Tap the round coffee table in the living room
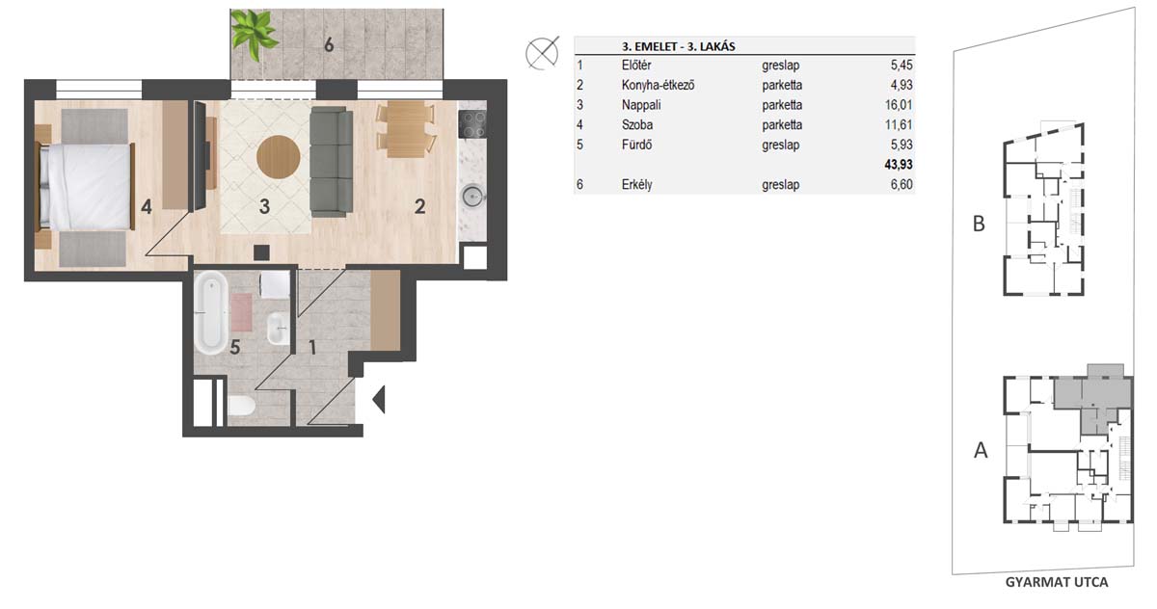coord(279,157)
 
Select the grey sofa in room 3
coord(331,162)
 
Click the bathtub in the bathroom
coord(211,313)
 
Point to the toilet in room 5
coord(241,406)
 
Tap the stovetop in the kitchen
coord(472,124)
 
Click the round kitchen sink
coord(472,197)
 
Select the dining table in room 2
coord(406,129)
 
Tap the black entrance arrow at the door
coord(379,399)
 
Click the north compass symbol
coord(542,53)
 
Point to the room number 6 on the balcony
coord(329,45)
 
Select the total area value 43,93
coord(899,165)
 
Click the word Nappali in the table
coord(641,105)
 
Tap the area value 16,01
coord(899,105)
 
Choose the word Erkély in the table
coord(637,184)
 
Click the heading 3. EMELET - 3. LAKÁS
coord(678,46)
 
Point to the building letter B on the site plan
coord(979,224)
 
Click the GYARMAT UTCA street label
coord(1057,582)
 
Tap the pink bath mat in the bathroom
coord(241,312)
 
